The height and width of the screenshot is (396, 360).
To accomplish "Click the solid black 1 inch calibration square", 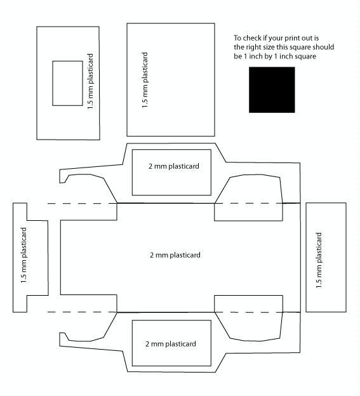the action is [272, 89].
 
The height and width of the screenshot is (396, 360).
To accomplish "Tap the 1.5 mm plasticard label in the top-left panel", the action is [90, 81].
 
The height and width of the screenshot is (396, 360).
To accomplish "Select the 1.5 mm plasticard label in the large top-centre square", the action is [145, 80].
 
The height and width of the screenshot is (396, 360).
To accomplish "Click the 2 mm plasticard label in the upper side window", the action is [174, 166].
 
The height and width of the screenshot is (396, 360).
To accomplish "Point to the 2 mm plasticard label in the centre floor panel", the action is [175, 255].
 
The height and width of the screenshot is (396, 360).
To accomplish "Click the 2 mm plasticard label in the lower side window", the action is [171, 344].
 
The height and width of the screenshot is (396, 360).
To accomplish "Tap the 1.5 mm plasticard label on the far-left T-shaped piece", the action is [23, 255].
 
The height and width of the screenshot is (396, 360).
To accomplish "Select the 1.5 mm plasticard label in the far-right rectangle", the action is [319, 260].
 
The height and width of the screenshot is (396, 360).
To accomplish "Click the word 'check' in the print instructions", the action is [251, 38].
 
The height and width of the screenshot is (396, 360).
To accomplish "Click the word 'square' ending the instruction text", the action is [305, 56].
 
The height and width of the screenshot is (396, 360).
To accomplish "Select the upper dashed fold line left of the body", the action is [82, 203].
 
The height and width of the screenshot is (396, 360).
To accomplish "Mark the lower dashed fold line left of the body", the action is [82, 312].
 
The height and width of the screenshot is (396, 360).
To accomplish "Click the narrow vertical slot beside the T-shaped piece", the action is [55, 258].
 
